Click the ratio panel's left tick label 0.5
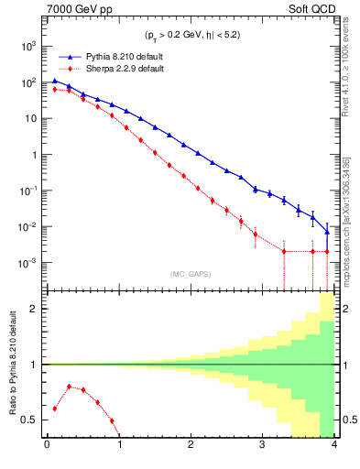[x=31, y=420]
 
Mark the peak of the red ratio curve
[x=69, y=386]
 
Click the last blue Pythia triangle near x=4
[x=327, y=232]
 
